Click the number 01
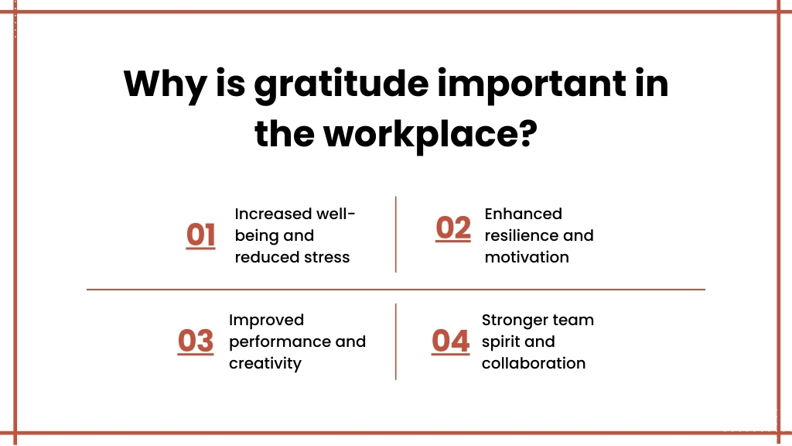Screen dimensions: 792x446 point(200,235)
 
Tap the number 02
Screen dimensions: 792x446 point(453,228)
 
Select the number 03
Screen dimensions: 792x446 point(196,341)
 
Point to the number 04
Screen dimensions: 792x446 point(451,341)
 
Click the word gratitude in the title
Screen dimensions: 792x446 point(341,84)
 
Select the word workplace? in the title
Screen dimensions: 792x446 point(430,135)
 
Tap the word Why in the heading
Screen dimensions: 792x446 point(166,84)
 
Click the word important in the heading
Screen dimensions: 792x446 point(532,84)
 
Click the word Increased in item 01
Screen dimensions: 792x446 point(273,214)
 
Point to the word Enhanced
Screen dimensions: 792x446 point(524,214)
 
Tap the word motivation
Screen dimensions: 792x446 point(527,257)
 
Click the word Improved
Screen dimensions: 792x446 point(266,321)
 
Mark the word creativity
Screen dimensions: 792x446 point(265,364)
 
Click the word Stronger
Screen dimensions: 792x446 point(514,321)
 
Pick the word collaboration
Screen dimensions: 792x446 point(534,364)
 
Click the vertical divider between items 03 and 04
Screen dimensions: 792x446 point(396,341)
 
